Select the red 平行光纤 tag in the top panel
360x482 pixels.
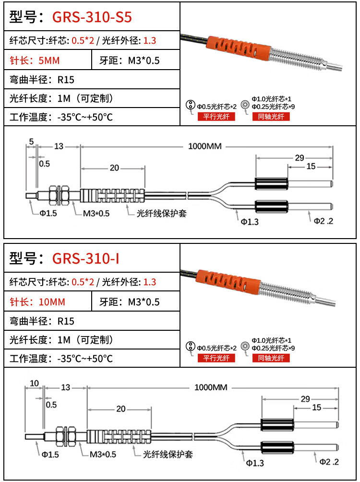(216, 117)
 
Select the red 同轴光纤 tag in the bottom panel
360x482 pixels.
(271, 358)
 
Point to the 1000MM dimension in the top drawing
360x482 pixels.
(206, 146)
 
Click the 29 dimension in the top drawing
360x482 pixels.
(299, 158)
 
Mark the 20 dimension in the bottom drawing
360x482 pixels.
(120, 409)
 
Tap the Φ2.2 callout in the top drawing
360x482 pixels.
(323, 220)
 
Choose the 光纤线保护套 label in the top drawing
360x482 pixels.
(161, 213)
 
